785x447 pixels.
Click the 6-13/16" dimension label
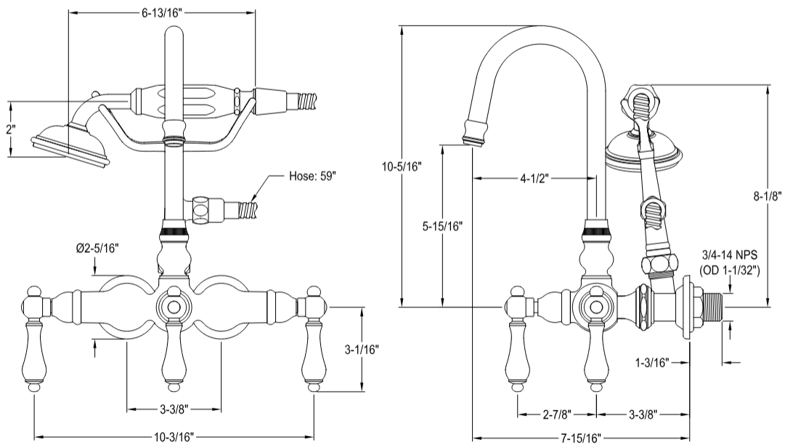pos(161,12)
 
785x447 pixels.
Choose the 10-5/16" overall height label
pos(402,167)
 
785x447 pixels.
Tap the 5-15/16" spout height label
pos(442,225)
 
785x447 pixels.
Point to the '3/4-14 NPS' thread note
pos(729,256)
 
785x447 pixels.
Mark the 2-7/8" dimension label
pos(557,415)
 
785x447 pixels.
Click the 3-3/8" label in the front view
pos(174,409)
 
